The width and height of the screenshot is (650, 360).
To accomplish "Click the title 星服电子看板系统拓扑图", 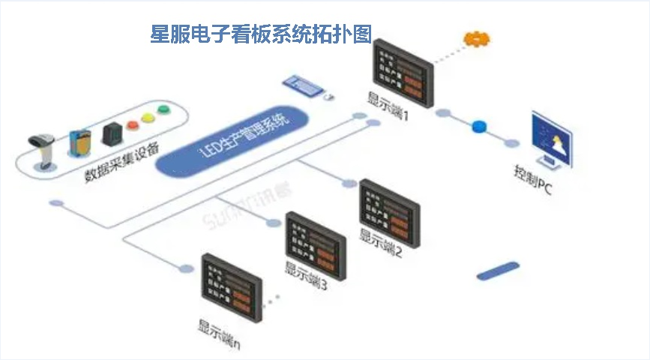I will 262,34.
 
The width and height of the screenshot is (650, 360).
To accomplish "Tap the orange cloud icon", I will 475,38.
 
